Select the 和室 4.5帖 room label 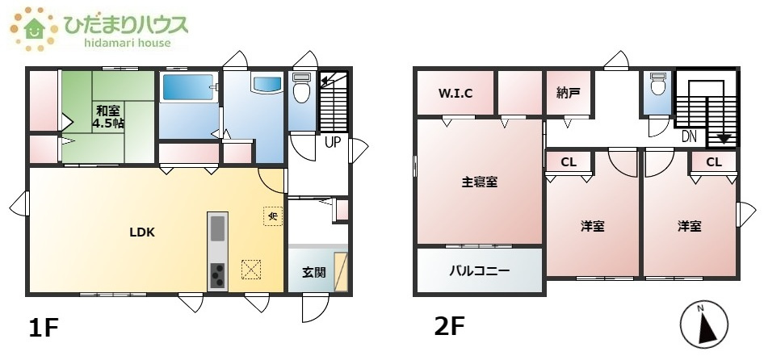point(107,118)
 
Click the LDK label point(142,232)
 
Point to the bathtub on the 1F point(187,87)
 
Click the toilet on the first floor point(301,89)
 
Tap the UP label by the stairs point(331,142)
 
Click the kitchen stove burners point(218,276)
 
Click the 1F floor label point(44,329)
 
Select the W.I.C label point(455,93)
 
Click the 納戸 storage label point(569,93)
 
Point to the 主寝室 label point(480,182)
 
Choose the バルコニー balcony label point(480,271)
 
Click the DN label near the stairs point(689,136)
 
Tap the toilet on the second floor point(657,85)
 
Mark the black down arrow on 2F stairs point(724,138)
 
